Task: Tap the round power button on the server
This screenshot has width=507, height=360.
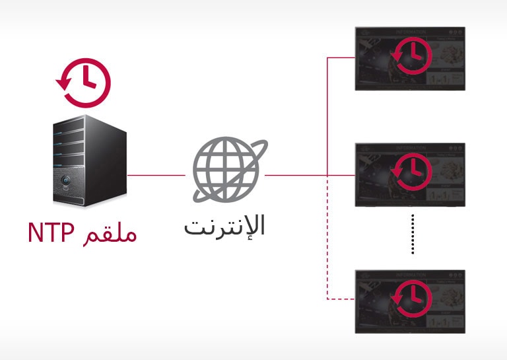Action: coord(65,180)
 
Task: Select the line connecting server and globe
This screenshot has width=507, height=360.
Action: coord(156,176)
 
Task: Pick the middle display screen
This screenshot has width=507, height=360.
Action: coord(410,174)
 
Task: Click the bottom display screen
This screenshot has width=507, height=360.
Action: coord(410,301)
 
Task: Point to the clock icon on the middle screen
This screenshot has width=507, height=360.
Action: coord(412,173)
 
